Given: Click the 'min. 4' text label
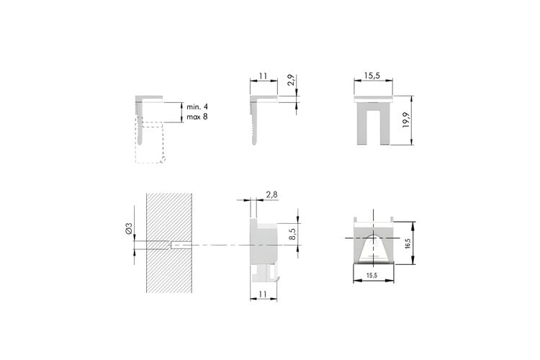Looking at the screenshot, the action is coord(197,107).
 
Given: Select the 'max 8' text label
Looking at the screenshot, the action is coord(197,117).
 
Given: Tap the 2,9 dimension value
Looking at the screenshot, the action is coord(292,80).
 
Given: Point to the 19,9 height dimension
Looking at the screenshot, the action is coord(406,120).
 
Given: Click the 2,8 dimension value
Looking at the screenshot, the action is coord(271,194).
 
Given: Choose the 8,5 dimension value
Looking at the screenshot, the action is coord(292,234).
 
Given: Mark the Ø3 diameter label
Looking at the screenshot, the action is coord(129,229).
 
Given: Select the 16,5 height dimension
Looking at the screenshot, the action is coord(408,243).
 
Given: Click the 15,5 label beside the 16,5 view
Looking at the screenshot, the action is coord(372,275).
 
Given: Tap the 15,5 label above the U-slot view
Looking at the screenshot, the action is coord(372,76).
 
